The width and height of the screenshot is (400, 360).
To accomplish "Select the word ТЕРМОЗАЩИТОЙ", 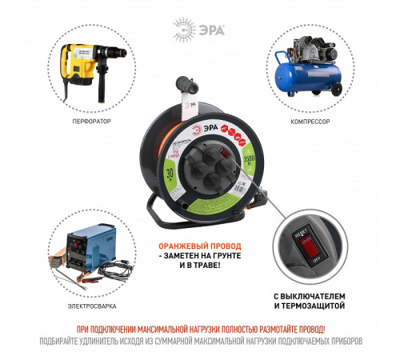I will (x=316, y=305).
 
